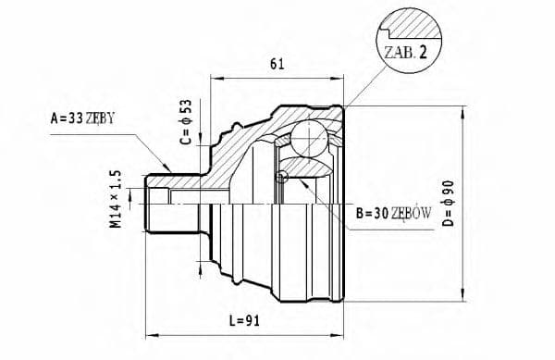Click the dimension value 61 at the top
pos(276,65)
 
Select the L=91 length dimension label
pos(245,322)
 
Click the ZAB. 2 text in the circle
pos(401,53)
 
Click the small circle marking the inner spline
pos(283,177)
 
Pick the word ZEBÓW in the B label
pos(412,213)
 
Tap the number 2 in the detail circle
pos(422,53)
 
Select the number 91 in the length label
pos(254,322)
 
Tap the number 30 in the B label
pos(379,213)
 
